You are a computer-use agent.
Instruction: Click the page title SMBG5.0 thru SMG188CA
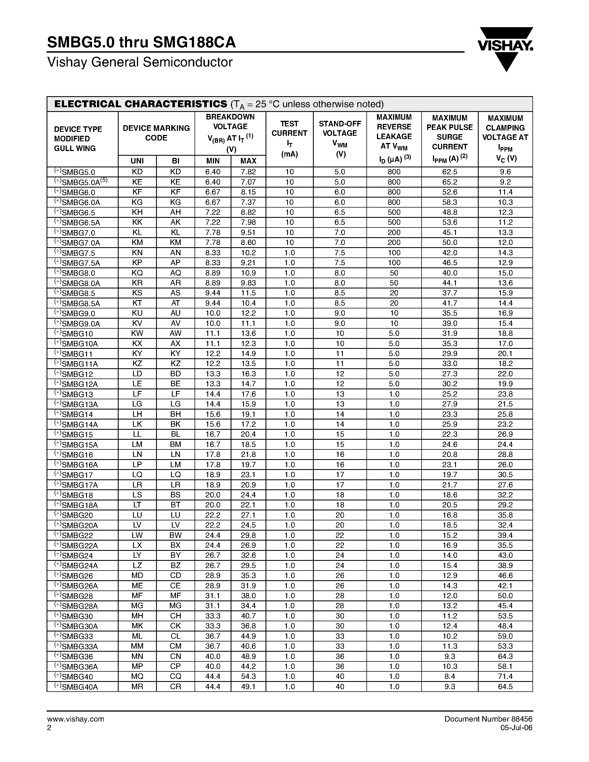point(141,43)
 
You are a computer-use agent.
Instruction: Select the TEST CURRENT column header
point(289,139)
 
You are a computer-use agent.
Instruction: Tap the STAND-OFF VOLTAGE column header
point(340,139)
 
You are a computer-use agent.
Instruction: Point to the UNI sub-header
point(137,161)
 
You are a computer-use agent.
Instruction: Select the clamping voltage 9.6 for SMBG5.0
point(505,172)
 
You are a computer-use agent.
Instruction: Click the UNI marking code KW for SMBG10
point(137,333)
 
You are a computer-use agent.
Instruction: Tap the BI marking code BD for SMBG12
point(175,374)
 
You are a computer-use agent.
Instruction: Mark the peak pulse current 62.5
point(449,172)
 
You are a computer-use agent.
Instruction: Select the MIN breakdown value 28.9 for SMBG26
point(213,576)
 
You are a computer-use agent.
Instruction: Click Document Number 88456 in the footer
point(488,719)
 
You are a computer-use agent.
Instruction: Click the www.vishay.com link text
point(75,719)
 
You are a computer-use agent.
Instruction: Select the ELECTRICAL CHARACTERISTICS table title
point(141,104)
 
